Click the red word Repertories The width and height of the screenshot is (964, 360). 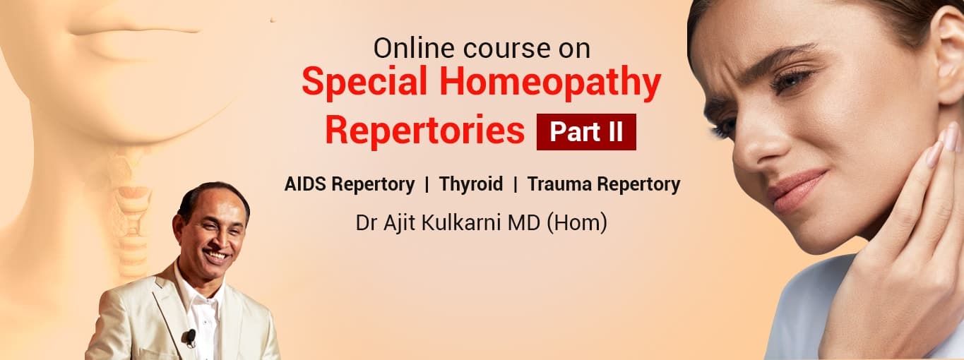click(425, 131)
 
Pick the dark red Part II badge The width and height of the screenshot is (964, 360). click(586, 132)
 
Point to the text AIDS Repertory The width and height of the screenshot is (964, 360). click(349, 185)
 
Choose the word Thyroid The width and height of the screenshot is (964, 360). click(471, 185)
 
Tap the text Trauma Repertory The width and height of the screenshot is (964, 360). click(603, 185)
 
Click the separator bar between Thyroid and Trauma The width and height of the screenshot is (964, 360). click(516, 185)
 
